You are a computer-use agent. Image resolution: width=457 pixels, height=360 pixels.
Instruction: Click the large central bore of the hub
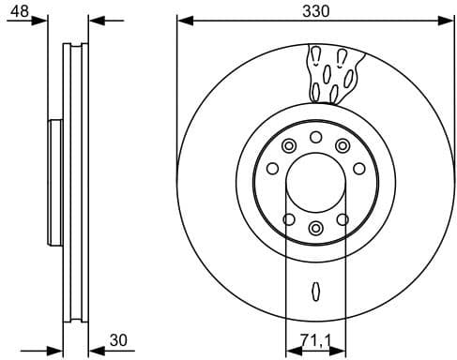pos(315,181)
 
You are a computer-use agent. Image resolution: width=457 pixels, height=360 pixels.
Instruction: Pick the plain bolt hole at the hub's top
pos(316,139)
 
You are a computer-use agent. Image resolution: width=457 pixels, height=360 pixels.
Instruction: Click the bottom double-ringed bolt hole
pos(315,228)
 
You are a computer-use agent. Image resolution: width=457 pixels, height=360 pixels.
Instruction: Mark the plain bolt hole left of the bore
pos(272,169)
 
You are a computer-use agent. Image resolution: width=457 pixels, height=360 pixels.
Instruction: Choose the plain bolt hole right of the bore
pos(358,169)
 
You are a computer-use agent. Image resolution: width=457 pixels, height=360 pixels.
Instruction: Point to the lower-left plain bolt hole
pos(289,219)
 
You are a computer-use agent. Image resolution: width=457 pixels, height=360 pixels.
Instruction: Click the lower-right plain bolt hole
pos(343,218)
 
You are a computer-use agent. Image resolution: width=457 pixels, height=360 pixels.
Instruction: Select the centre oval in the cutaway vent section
pos(327,72)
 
